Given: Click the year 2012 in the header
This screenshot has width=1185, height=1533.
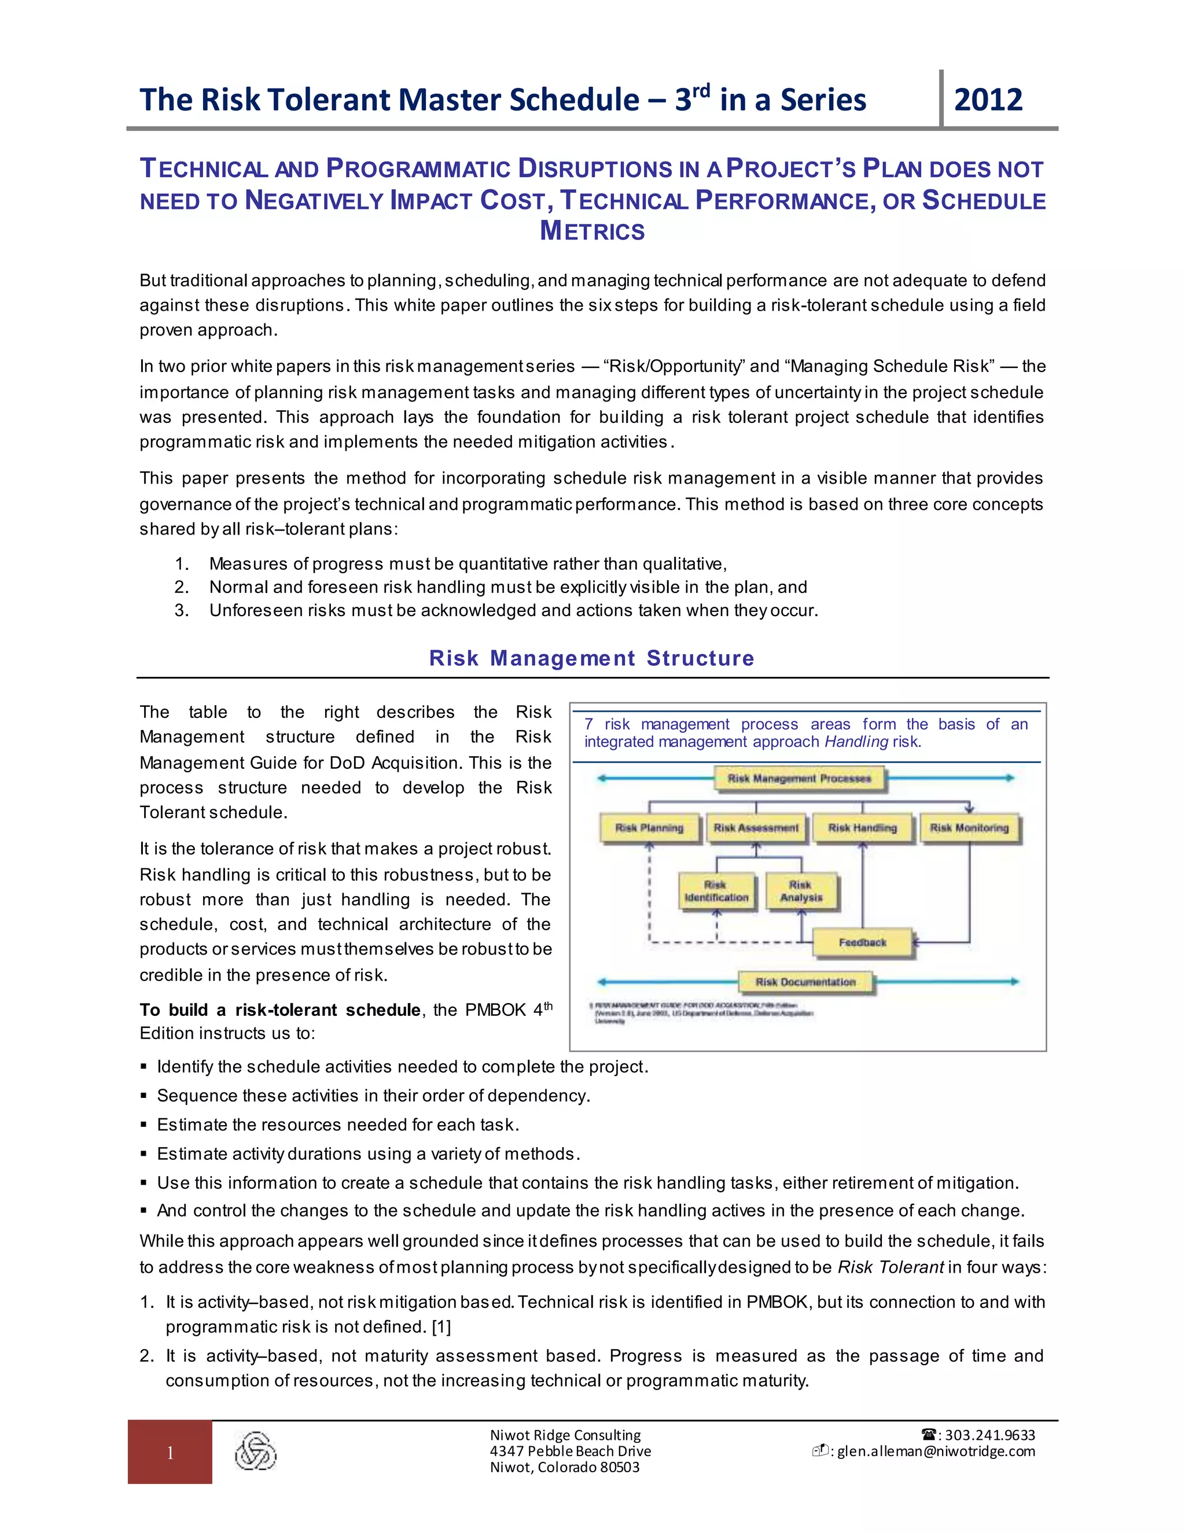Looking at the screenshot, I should tap(988, 100).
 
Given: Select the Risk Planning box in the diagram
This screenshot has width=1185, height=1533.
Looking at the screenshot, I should tap(649, 828).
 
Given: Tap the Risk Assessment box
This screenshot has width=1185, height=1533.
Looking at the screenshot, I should tap(756, 828).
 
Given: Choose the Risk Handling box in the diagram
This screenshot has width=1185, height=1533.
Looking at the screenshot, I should tap(863, 828).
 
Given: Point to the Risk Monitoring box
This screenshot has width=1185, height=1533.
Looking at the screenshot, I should tap(970, 828).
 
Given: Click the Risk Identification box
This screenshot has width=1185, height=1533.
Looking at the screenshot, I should tap(717, 891).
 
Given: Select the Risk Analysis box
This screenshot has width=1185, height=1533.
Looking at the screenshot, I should tap(801, 891).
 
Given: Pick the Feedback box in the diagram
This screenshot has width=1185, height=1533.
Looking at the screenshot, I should tap(863, 943).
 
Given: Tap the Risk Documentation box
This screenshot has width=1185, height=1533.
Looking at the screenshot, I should tap(805, 982).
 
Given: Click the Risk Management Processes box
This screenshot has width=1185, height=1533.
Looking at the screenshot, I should tap(800, 779).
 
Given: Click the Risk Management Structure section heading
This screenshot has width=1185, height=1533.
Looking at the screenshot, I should tap(592, 658).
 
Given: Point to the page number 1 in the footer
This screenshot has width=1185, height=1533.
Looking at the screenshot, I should tap(170, 1453).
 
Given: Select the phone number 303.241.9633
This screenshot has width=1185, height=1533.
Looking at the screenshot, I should tap(990, 1435).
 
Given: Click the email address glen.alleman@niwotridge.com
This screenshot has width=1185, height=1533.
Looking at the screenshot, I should tap(936, 1451).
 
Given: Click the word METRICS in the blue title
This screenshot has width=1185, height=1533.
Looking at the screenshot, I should tap(592, 231).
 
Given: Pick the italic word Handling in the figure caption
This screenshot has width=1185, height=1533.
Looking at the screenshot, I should tap(856, 742).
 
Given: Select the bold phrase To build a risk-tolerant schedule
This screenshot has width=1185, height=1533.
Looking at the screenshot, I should tap(280, 1010).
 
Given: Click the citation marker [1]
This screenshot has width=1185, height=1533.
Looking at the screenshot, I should tap(441, 1327).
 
